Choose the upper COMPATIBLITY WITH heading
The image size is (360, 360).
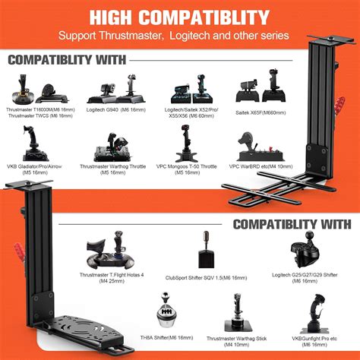(x=68, y=60)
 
